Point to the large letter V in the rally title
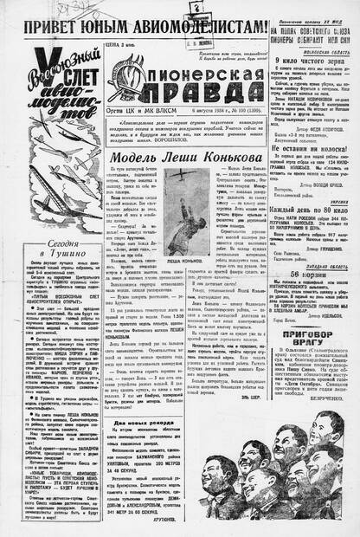(x=43, y=66)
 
